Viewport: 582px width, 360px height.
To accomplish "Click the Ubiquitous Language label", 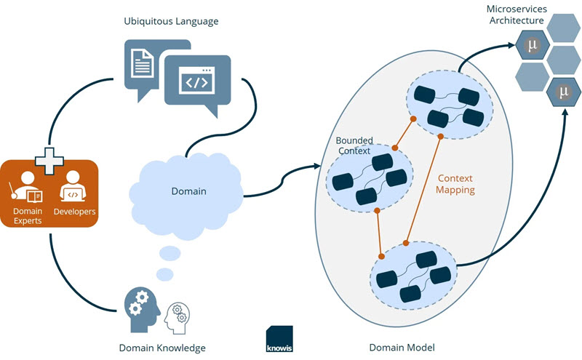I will (170, 21).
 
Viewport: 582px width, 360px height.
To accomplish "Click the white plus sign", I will (49, 160).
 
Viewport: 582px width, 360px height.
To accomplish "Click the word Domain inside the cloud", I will (188, 192).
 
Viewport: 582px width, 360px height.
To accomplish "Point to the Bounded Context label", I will (354, 145).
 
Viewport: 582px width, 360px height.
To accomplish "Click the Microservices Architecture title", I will (517, 15).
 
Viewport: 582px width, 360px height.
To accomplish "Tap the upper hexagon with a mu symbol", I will (532, 45).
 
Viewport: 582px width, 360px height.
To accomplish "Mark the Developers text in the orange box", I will (74, 212).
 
